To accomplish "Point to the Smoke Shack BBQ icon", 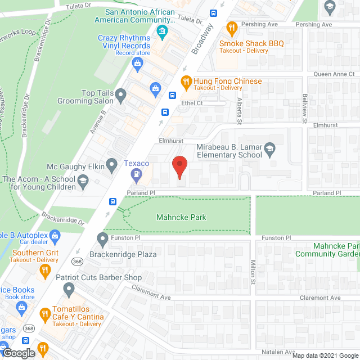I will pyautogui.click(x=231, y=28).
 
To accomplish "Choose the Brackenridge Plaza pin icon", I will pyautogui.click(x=102, y=240).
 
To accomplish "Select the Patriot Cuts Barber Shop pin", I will pyautogui.click(x=69, y=290).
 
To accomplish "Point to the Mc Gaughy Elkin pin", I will pyautogui.click(x=112, y=165).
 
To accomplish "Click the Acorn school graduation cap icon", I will pyautogui.click(x=83, y=180).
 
